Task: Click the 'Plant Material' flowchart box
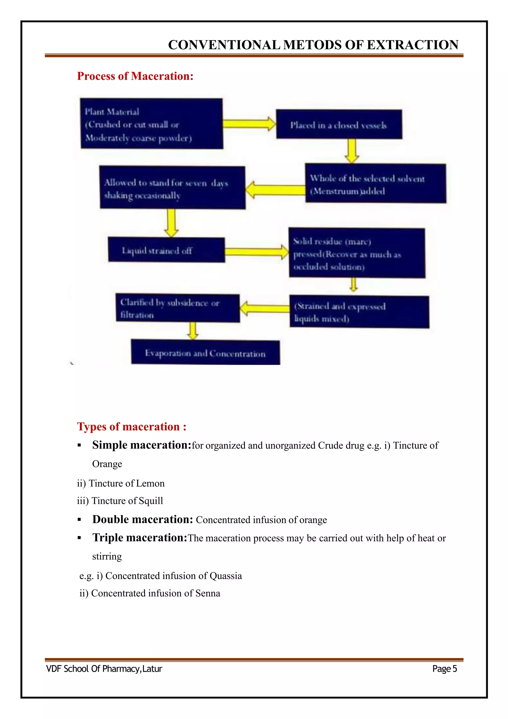[152, 124]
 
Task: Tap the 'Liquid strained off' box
[166, 250]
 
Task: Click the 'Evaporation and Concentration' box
[205, 352]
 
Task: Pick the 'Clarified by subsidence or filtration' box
[177, 308]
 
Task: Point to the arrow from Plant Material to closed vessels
[249, 124]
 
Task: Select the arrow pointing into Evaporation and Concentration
[193, 330]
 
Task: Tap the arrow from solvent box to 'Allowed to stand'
[275, 190]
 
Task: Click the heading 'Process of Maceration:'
[135, 76]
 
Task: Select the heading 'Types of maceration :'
[131, 426]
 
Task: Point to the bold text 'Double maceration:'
[142, 519]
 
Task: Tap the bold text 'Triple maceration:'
[140, 537]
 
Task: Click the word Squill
[151, 501]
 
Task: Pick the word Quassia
[226, 576]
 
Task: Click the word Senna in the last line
[208, 593]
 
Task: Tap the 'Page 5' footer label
[444, 669]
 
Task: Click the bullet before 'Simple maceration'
[79, 445]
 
